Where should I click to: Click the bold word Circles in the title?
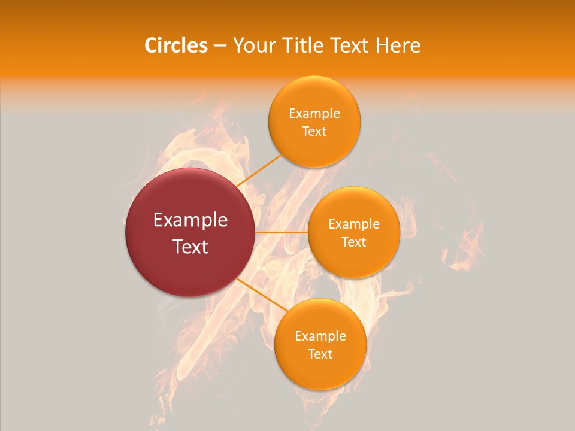176,45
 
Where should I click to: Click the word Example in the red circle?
190,220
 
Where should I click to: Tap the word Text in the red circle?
190,247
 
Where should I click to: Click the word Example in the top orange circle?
314,114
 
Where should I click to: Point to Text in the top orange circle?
314,131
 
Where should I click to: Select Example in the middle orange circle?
354,224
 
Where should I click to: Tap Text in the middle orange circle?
354,242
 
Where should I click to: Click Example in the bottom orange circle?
320,336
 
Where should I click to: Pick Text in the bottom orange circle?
320,354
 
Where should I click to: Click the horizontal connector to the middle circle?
281,232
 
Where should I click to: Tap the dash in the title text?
220,46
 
